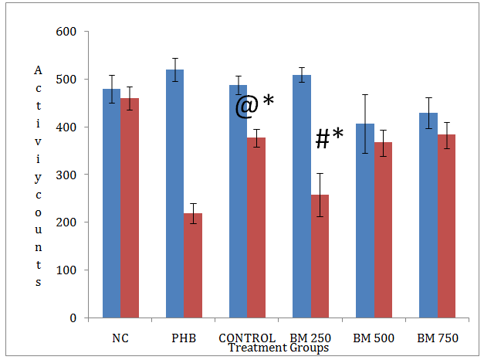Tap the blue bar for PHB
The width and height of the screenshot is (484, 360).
174,193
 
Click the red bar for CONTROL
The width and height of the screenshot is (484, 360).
256,227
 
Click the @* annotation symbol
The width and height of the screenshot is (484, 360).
255,105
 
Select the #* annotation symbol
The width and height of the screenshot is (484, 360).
329,139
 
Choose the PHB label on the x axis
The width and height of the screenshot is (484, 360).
184,338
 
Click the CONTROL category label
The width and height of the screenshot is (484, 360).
247,338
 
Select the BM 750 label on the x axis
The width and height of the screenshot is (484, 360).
436,338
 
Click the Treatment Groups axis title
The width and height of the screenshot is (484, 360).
279,348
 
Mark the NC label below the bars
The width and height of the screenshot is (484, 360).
120,338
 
